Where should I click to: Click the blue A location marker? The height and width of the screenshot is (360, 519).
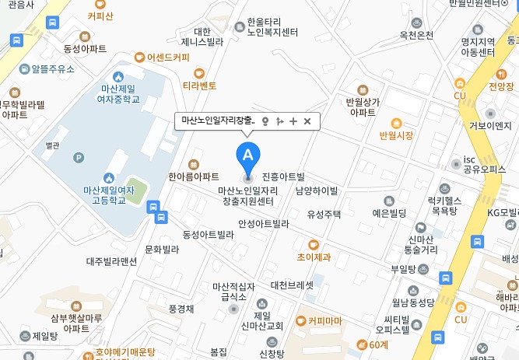(x=248, y=153)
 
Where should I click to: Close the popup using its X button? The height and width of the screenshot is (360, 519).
(x=307, y=121)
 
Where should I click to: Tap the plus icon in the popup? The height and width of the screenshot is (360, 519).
(x=293, y=121)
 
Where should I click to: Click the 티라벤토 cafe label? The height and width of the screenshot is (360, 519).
(x=199, y=86)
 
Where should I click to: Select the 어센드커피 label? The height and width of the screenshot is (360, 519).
(x=168, y=57)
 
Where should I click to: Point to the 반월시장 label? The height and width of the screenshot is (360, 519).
(x=396, y=135)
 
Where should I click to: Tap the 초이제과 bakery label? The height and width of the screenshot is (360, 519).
(x=314, y=256)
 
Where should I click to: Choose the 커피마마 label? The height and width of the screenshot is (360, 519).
(x=324, y=320)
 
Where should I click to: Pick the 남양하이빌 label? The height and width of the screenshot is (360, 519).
(x=317, y=190)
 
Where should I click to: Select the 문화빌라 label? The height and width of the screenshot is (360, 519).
(x=162, y=250)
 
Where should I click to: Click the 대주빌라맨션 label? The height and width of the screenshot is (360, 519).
(x=111, y=262)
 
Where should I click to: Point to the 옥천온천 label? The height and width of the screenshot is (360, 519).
(x=416, y=35)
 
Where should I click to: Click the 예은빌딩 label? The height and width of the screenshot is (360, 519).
(x=390, y=212)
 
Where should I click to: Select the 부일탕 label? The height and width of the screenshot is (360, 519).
(x=403, y=269)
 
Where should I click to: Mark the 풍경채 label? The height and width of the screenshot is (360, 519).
(x=181, y=308)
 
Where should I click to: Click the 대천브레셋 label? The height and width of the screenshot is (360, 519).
(x=293, y=285)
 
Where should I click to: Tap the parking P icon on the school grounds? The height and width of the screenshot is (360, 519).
(x=78, y=158)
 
